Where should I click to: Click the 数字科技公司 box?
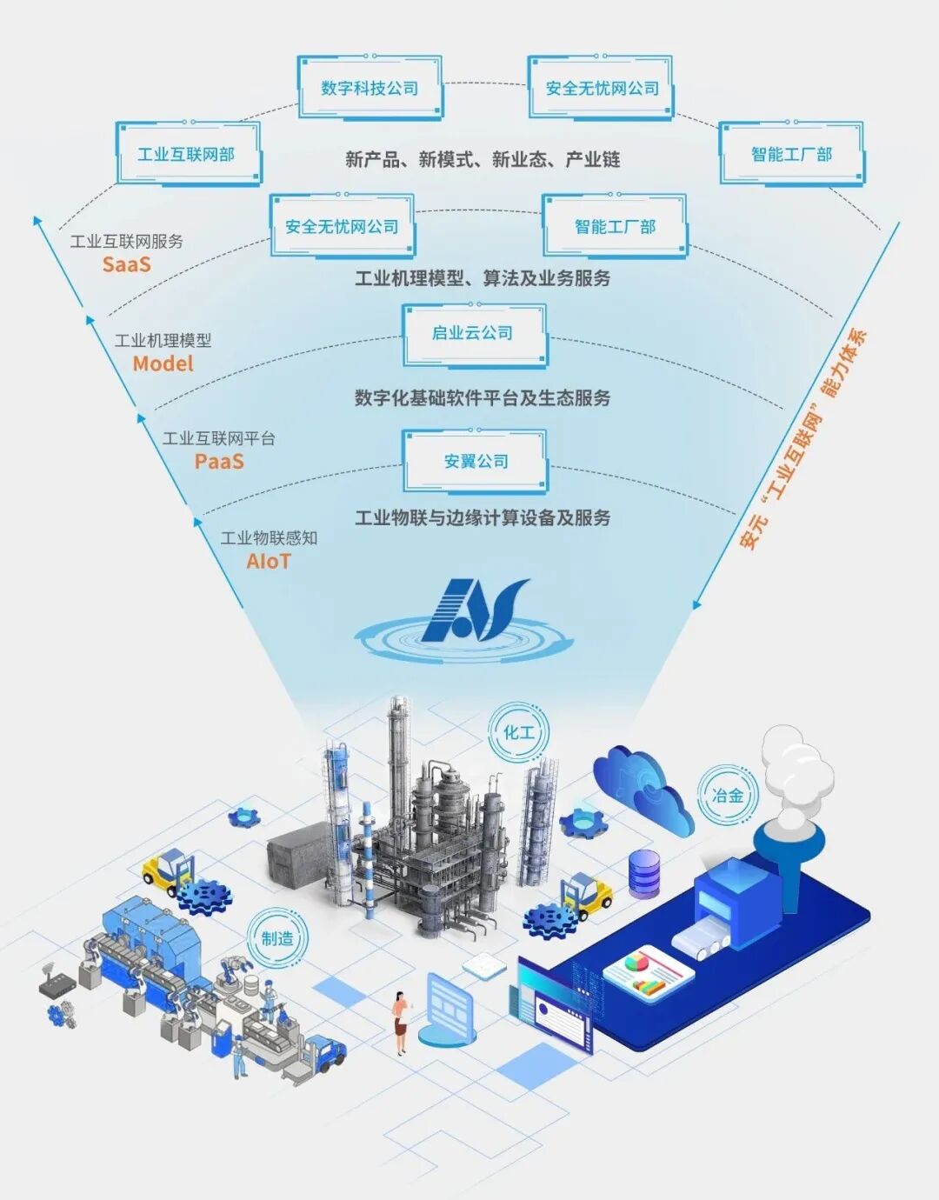(370, 88)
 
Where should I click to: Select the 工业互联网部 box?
(187, 154)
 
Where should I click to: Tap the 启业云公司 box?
(473, 333)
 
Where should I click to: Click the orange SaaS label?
(127, 264)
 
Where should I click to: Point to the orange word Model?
(163, 363)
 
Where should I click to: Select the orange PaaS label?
(219, 461)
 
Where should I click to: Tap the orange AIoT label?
(269, 561)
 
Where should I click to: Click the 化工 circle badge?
(520, 732)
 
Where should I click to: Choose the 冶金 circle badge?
(728, 795)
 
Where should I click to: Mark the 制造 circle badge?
(276, 938)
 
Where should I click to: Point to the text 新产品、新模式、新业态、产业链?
(483, 159)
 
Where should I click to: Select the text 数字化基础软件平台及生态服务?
(483, 398)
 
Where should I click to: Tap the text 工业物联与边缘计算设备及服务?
(483, 517)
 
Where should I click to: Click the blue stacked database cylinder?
(644, 873)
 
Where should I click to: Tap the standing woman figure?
(400, 1022)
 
